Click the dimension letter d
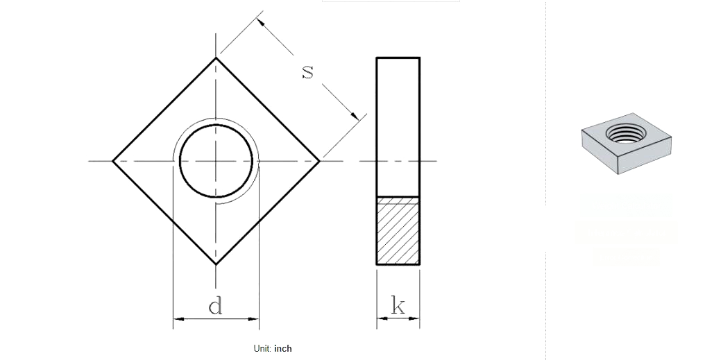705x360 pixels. pos(215,306)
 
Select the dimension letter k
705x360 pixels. pos(398,306)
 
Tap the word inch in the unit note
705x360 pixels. pos(283,348)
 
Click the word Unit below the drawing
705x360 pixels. pos(262,348)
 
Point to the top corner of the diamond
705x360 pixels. pos(216,58)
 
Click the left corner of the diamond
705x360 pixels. pos(112,161)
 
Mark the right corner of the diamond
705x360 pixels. pos(319,161)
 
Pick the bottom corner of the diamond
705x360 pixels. pos(216,264)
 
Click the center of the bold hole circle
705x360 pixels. pos(216,161)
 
